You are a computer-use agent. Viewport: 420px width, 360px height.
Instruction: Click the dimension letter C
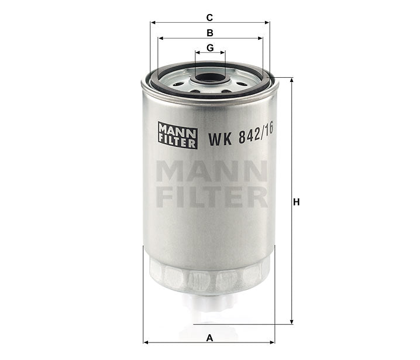pos(209,16)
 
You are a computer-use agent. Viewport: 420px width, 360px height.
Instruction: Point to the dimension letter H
pos(297,202)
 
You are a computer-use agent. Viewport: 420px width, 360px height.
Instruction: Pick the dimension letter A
pos(209,337)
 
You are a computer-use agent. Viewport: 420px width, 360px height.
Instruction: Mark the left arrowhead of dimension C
pos(153,23)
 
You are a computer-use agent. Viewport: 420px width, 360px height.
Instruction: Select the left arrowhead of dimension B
pos(160,38)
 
